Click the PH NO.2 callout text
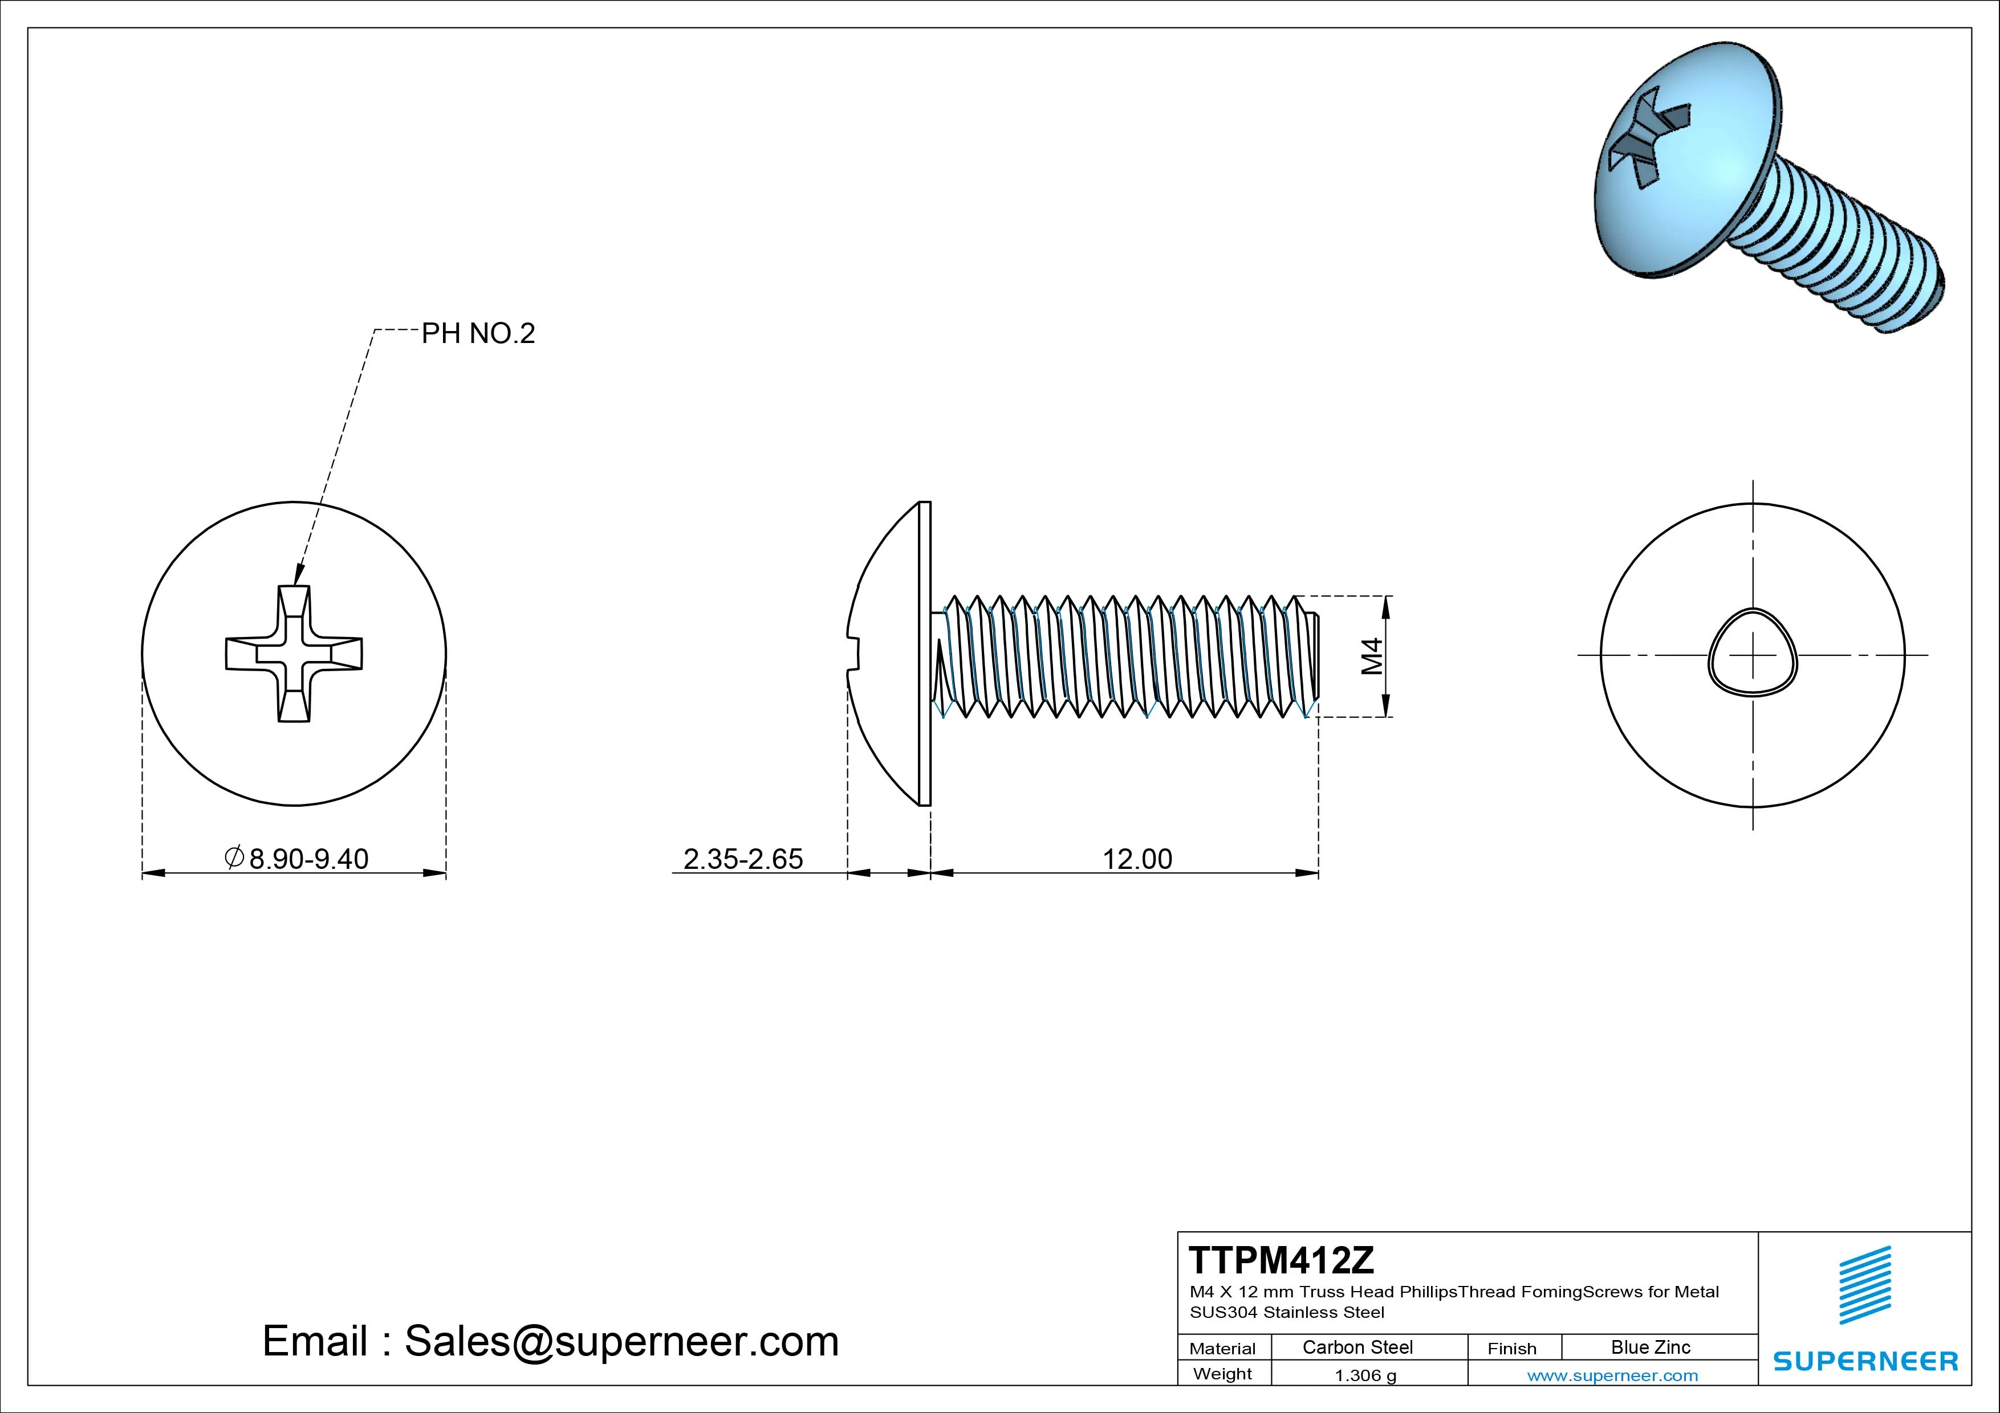click(x=478, y=333)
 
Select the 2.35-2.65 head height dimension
click(x=742, y=859)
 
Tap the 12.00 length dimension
click(x=1137, y=859)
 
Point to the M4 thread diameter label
click(x=1372, y=656)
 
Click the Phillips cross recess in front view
click(x=294, y=654)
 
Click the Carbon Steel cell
click(x=1357, y=1347)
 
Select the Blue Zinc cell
click(x=1650, y=1347)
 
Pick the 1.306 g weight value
click(x=1365, y=1375)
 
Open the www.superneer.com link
click(x=1612, y=1375)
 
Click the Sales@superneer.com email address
click(x=621, y=1341)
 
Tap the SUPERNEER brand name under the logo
click(x=1865, y=1361)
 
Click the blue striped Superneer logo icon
click(x=1865, y=1284)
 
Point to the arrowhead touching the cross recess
click(x=298, y=575)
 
